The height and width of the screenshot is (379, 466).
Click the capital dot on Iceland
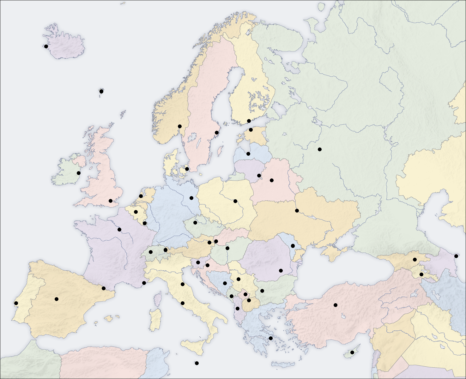[x=46, y=46]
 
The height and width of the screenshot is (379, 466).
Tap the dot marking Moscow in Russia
[x=320, y=149]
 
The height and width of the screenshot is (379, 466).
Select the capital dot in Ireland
[x=79, y=173]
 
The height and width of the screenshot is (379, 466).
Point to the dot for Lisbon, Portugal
[x=16, y=303]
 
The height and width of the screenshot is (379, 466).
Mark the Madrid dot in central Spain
[x=57, y=299]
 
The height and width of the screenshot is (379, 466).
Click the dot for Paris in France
[x=119, y=230]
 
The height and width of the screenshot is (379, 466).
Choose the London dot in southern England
[x=111, y=201]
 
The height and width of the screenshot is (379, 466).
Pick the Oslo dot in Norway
[x=180, y=126]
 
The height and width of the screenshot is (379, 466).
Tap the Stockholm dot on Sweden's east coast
[x=217, y=133]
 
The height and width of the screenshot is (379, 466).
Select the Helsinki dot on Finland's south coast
[x=249, y=121]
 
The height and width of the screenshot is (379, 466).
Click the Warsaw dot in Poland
[x=235, y=201]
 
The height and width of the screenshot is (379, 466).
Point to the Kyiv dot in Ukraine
[x=297, y=211]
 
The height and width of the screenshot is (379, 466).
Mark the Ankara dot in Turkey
[x=336, y=305]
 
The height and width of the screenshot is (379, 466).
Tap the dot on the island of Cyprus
[x=352, y=352]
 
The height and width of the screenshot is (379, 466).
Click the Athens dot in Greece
[x=271, y=338]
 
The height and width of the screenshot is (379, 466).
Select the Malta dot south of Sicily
[x=197, y=363]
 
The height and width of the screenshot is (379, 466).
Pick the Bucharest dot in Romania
[x=281, y=270]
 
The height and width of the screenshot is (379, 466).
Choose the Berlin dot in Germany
[x=191, y=198]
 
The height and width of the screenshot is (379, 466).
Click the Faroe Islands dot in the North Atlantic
[x=101, y=92]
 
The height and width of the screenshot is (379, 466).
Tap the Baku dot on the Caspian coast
[x=456, y=256]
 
